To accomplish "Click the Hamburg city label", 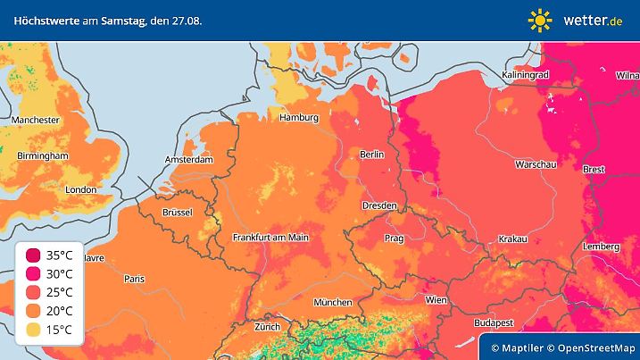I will click(x=299, y=118).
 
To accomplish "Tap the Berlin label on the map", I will click(x=371, y=155).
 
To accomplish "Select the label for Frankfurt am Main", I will click(x=270, y=238).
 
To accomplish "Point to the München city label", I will click(x=333, y=302).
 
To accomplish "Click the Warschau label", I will click(x=536, y=165).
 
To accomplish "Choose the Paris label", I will click(x=135, y=279).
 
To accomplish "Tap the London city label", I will click(x=80, y=189).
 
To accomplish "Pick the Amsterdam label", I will click(x=188, y=160).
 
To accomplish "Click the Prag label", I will click(x=395, y=239).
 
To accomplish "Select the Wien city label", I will click(x=436, y=299).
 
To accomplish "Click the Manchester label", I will click(x=36, y=120).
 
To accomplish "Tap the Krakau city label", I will click(x=513, y=239).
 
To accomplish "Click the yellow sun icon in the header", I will click(x=540, y=20).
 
